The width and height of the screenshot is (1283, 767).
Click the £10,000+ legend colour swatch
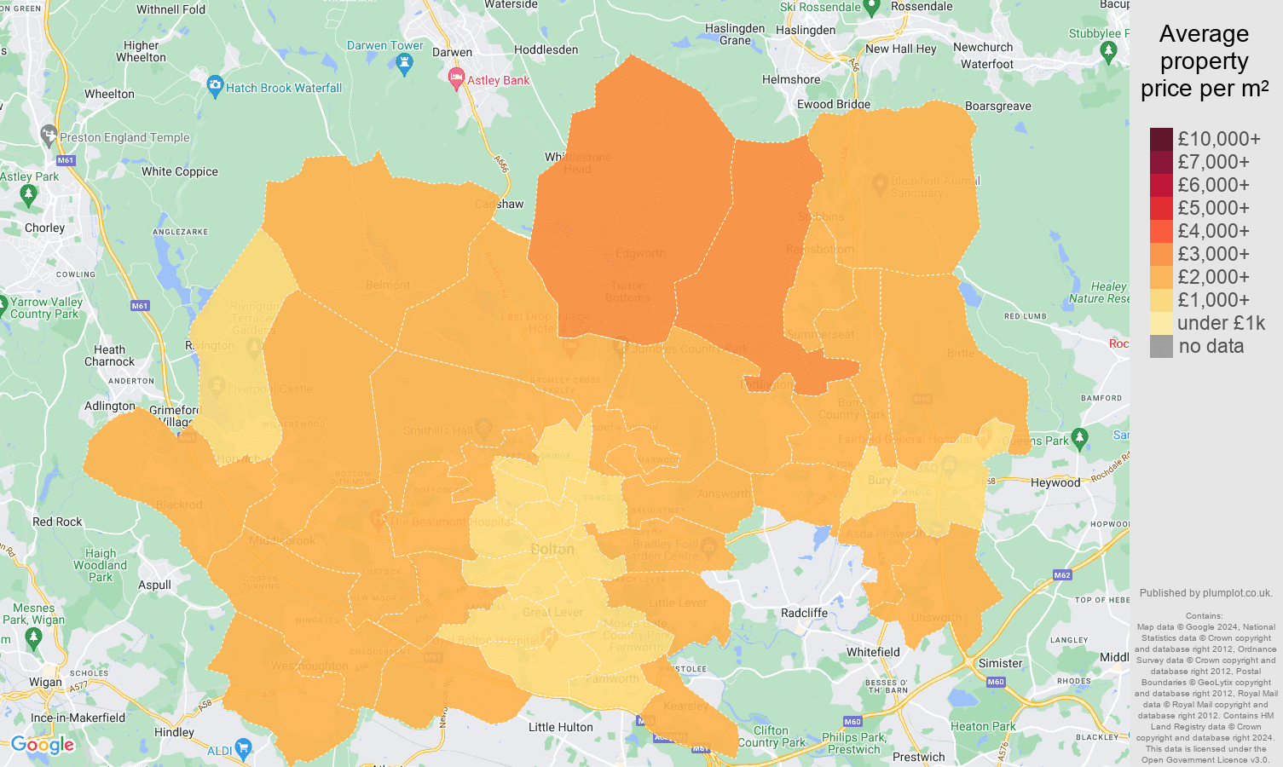point(1161,139)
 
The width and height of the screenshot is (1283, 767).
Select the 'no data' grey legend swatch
point(1161,346)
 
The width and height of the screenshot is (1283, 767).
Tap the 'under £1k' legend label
point(1221,323)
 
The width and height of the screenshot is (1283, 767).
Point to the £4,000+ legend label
point(1213,231)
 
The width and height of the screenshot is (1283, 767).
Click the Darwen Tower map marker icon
point(405,63)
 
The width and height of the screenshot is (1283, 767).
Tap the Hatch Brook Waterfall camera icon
point(215,86)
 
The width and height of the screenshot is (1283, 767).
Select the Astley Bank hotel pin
point(456,79)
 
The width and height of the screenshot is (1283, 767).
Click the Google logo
point(43,745)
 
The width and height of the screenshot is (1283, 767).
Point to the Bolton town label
point(552,549)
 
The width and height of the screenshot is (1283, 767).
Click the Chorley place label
point(44,228)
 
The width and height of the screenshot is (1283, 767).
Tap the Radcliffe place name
point(804,613)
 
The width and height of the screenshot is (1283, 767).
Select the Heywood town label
point(1055,482)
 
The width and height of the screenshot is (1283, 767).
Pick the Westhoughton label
point(309,666)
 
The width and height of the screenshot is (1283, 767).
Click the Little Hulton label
point(560,727)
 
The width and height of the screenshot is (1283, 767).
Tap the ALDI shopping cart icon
point(244,749)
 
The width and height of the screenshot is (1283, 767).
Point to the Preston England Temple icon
point(49,135)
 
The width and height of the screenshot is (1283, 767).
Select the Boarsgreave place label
point(997,106)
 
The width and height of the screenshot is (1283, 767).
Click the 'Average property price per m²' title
point(1204,61)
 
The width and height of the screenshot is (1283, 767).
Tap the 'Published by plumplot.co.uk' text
point(1205,593)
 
